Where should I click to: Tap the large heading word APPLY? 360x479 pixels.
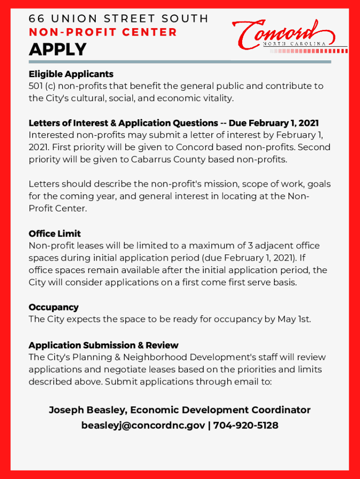pyautogui.click(x=58, y=49)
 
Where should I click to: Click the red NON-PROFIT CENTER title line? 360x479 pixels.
pyautogui.click(x=103, y=32)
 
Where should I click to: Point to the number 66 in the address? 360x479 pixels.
pyautogui.click(x=36, y=19)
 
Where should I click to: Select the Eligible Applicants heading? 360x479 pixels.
pyautogui.click(x=71, y=74)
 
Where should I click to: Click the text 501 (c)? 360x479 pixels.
pyautogui.click(x=43, y=86)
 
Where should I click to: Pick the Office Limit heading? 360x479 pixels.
pyautogui.click(x=55, y=233)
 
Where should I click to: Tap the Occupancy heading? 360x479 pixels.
pyautogui.click(x=53, y=307)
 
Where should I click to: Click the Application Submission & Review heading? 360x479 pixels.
pyautogui.click(x=103, y=345)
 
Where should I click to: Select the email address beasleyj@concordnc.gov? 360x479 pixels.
pyautogui.click(x=143, y=425)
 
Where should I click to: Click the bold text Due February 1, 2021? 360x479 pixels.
pyautogui.click(x=274, y=123)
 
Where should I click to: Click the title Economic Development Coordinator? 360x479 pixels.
pyautogui.click(x=220, y=410)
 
